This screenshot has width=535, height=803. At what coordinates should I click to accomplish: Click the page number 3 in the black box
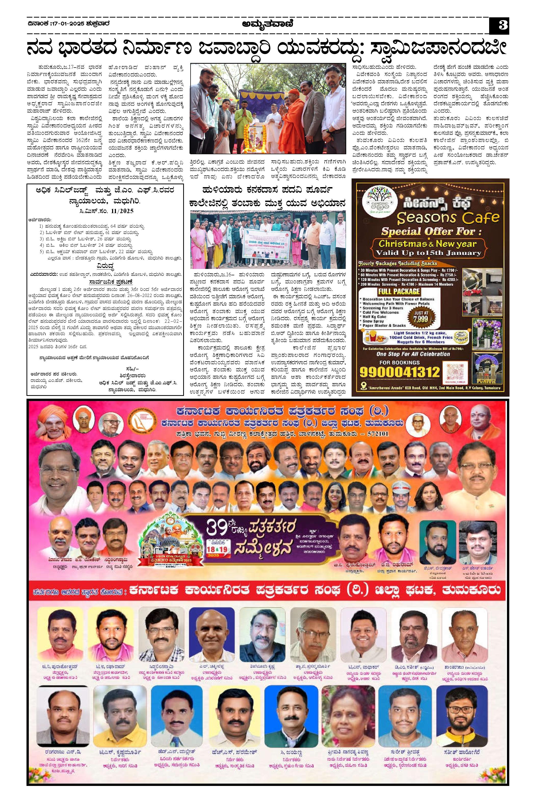pos(499,25)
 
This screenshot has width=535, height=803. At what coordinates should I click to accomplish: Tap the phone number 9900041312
pos(399,372)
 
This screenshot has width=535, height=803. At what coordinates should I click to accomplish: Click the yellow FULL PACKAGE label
pos(398,292)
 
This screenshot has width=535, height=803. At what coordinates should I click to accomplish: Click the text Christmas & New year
pos(427,243)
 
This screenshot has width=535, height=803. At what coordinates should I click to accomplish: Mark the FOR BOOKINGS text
pos(399,362)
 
